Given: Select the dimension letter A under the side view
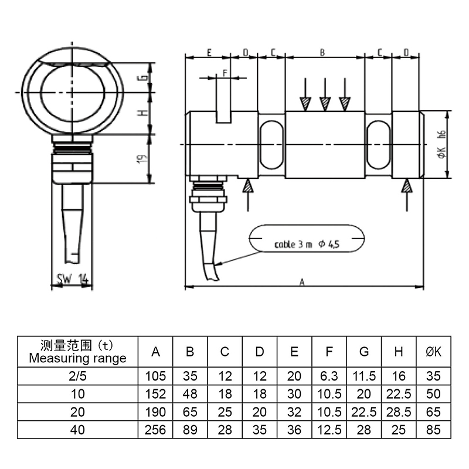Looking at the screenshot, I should click(x=303, y=282).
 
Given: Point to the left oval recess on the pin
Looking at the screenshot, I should click(x=271, y=144).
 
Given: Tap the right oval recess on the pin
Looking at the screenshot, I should click(x=378, y=144).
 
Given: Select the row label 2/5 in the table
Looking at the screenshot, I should click(x=77, y=376).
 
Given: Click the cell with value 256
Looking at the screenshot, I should click(x=155, y=430).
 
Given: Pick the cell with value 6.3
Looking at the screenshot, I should click(x=329, y=376).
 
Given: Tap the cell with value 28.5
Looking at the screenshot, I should click(x=399, y=412).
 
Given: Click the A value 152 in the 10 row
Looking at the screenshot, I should click(x=155, y=394).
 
